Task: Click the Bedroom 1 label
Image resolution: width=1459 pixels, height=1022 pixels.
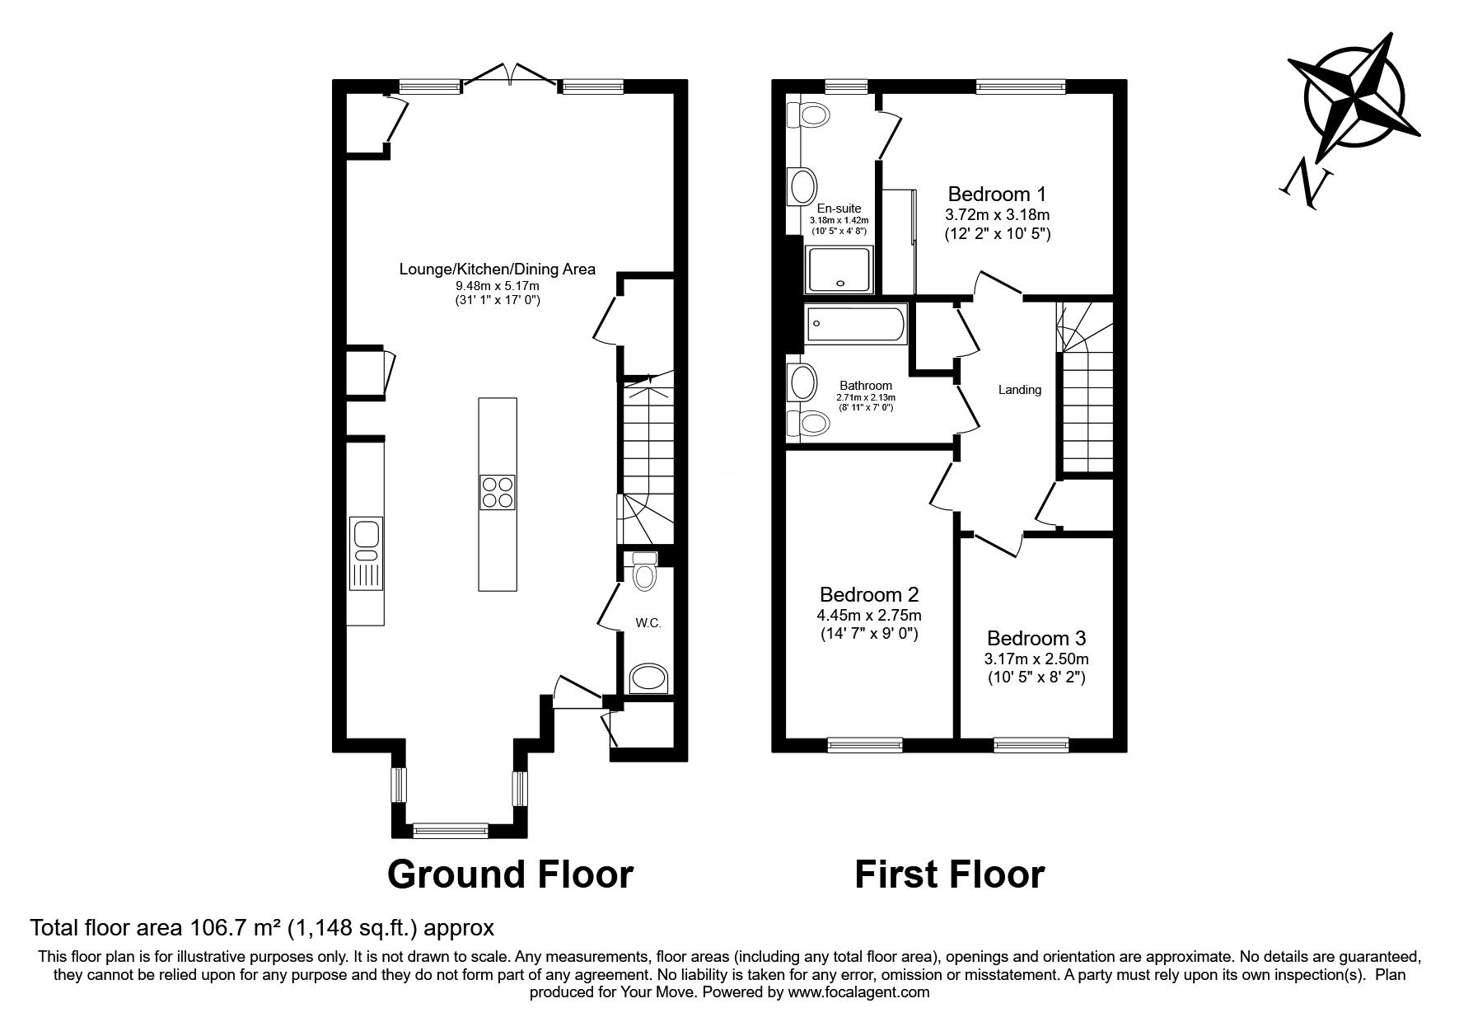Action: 997,195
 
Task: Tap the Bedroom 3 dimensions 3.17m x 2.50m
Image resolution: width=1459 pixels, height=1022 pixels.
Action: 1036,659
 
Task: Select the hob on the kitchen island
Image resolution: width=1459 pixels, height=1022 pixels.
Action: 498,492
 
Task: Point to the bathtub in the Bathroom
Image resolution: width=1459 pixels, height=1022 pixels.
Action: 857,324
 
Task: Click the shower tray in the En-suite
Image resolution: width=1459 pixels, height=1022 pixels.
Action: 840,271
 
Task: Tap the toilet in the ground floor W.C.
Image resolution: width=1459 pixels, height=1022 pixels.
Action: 644,571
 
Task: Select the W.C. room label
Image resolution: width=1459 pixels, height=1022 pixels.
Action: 648,623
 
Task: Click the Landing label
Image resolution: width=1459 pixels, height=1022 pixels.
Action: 1020,390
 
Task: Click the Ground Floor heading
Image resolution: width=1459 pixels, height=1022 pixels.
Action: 510,874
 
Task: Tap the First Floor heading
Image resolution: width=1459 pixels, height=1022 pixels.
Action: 949,874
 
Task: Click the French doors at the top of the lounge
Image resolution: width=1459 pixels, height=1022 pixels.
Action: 511,74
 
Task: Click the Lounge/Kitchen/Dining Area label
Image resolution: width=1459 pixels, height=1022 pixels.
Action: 497,269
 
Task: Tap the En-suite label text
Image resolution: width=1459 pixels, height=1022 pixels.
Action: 839,209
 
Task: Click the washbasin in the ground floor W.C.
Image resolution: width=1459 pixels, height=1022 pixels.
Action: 649,680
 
